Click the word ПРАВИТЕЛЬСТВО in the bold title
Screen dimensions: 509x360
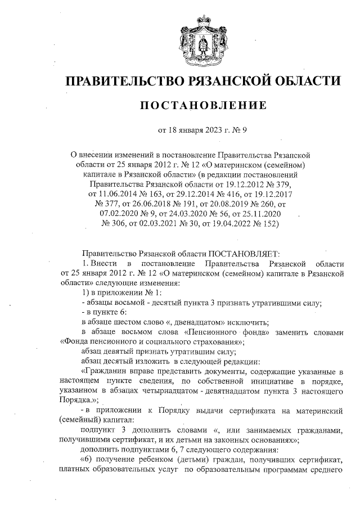click(x=120, y=81)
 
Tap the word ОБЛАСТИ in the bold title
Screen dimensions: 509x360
click(x=303, y=81)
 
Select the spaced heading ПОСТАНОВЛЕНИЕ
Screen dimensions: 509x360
click(x=202, y=105)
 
